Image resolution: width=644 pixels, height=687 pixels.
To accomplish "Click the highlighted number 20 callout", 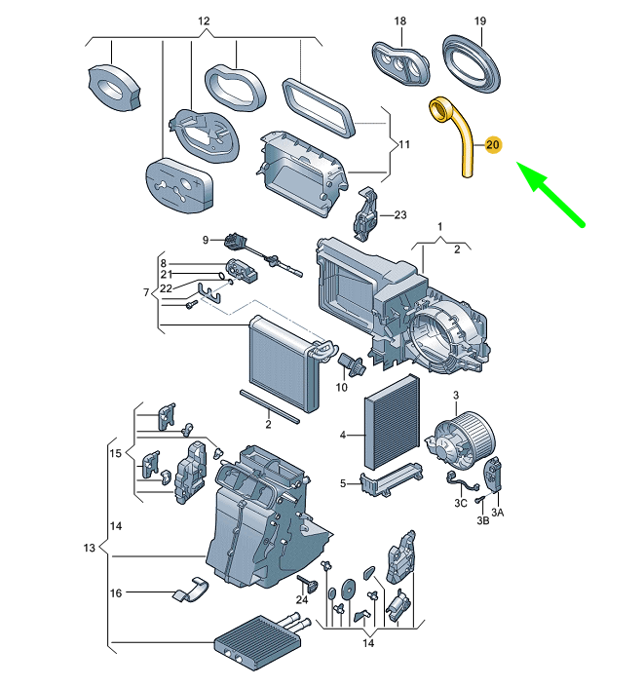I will point(492,145).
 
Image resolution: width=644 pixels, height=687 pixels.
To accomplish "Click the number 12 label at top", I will point(204,20).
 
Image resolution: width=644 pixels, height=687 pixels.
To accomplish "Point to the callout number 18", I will point(400,20).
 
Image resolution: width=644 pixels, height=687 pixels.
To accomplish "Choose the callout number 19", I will point(479,20).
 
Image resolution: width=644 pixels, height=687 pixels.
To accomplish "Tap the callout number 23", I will point(399,215).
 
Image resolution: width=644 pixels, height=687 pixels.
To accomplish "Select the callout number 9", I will point(207,240).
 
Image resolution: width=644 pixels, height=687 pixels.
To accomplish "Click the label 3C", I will point(463,502).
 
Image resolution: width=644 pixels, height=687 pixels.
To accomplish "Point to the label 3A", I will point(497,511).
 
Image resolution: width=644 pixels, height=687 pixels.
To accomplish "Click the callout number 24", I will point(302,599).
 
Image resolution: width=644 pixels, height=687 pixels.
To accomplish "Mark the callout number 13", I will point(90,549).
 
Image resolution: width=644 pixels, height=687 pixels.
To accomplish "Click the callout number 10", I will point(341,388).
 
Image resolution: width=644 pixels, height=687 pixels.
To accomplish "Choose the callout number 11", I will point(403,145).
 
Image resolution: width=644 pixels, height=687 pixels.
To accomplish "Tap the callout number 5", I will point(343,483).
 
